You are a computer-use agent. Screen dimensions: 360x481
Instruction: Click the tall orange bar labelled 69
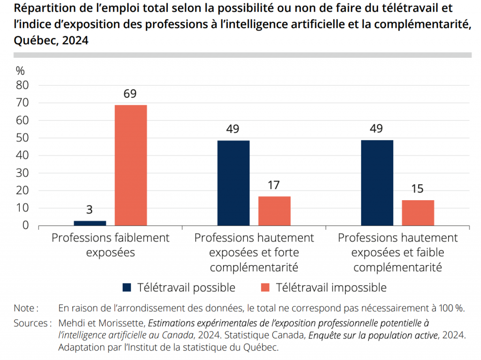pyautogui.click(x=131, y=165)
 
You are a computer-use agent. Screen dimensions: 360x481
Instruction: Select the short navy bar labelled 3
pyautogui.click(x=90, y=223)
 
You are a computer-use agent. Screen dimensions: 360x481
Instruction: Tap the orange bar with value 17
pyautogui.click(x=274, y=211)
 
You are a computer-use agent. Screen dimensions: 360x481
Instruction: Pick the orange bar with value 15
pyautogui.click(x=418, y=212)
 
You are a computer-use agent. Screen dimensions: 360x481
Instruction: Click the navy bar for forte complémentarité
pyautogui.click(x=233, y=183)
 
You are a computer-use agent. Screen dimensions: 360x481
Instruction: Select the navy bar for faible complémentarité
pyautogui.click(x=377, y=183)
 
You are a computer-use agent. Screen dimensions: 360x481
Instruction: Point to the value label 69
pyautogui.click(x=130, y=94)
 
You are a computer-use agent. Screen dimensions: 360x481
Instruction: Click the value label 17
pyautogui.click(x=274, y=185)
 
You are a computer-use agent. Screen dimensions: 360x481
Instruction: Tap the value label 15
pyautogui.click(x=417, y=189)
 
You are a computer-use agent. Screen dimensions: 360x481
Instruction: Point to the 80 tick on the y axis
pyautogui.click(x=23, y=86)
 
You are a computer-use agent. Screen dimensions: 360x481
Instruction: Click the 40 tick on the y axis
pyautogui.click(x=23, y=156)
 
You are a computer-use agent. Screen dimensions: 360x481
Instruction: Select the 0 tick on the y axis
pyautogui.click(x=26, y=226)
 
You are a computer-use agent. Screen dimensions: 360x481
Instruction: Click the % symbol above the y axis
pyautogui.click(x=20, y=71)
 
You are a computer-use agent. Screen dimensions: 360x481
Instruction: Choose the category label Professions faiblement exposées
pyautogui.click(x=110, y=245)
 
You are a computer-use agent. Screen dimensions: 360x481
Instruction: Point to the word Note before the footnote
pyautogui.click(x=24, y=308)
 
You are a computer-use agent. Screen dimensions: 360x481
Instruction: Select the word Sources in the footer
pyautogui.click(x=30, y=323)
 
